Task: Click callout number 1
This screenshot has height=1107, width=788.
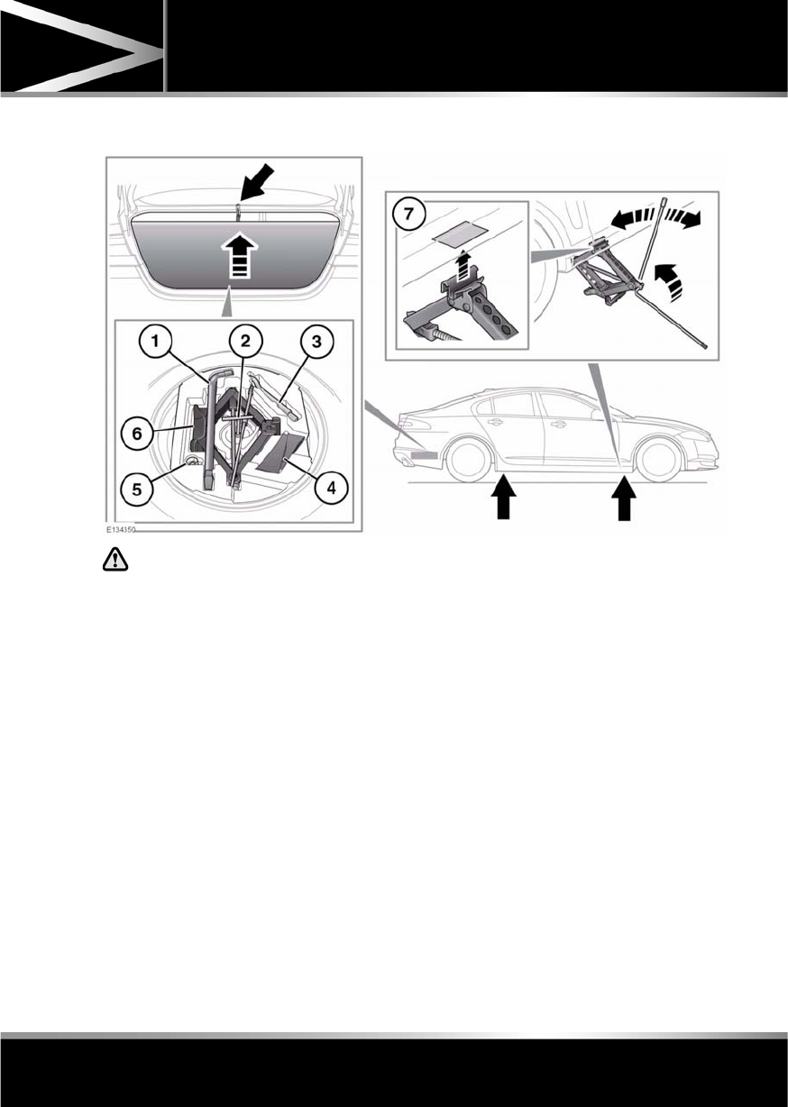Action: click(x=156, y=342)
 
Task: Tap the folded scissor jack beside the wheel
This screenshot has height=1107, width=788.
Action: click(x=605, y=267)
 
